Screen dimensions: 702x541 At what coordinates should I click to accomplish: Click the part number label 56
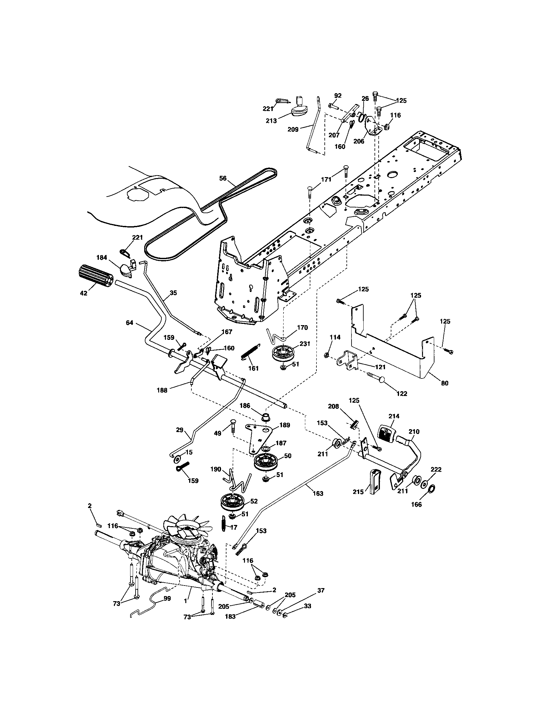point(223,178)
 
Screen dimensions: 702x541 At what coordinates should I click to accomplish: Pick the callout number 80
point(445,383)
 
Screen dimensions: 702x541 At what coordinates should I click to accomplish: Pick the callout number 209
point(293,130)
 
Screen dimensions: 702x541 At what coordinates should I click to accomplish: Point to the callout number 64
point(129,323)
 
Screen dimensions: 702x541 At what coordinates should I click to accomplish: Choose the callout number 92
point(337,95)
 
